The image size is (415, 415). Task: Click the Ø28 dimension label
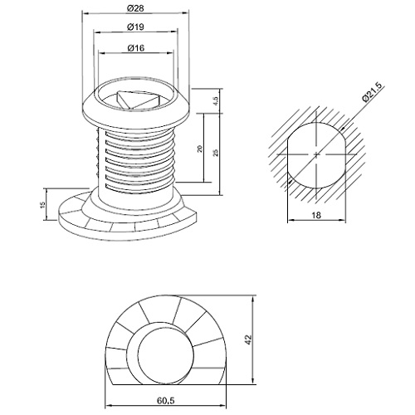tap(135, 8)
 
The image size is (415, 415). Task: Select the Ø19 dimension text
tap(135, 27)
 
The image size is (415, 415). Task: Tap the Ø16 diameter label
tap(136, 48)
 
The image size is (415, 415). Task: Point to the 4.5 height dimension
tap(216, 101)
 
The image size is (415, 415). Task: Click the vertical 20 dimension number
tap(200, 149)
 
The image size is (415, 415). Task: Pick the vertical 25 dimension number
tap(216, 153)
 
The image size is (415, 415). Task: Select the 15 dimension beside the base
tap(42, 205)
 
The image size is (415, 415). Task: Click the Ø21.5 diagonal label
tap(373, 92)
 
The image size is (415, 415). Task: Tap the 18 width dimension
tap(316, 215)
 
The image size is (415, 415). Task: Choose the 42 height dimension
tap(248, 339)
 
